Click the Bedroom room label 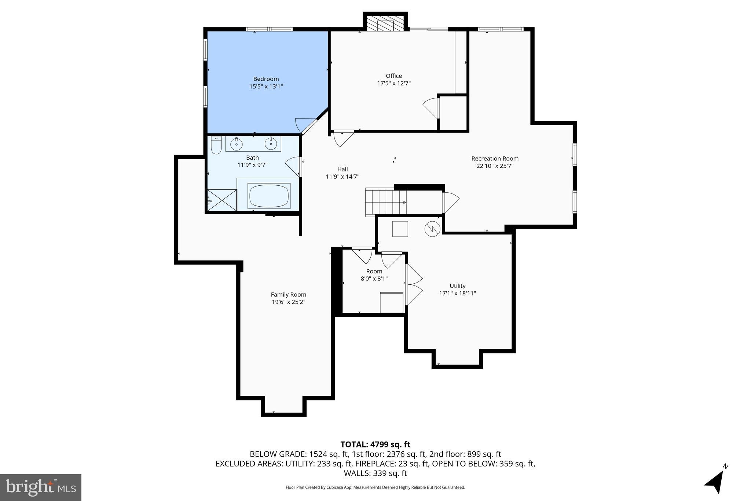tap(266, 79)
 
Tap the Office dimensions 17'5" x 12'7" tap(394, 83)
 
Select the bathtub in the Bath tap(269, 196)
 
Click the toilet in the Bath tap(216, 145)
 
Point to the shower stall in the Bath tap(222, 200)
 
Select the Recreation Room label tap(495, 159)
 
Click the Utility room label tap(457, 286)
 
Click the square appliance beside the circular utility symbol tap(400, 229)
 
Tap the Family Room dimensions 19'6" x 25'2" tap(288, 302)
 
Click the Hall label tap(342, 169)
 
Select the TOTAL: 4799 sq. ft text tap(375, 444)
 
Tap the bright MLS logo tap(41, 487)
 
